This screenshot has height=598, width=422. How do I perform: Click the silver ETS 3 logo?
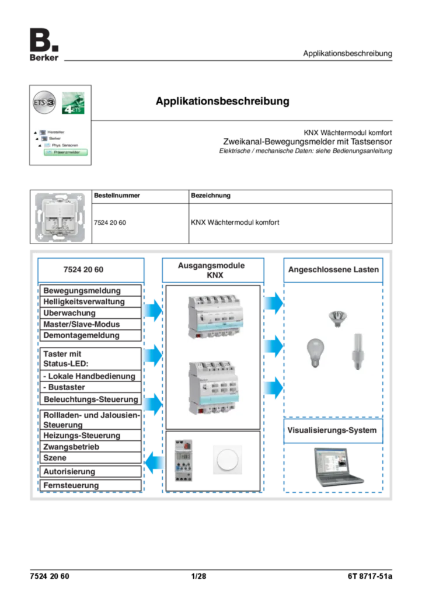pos(44,103)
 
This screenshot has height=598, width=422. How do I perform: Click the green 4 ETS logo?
pos(75,103)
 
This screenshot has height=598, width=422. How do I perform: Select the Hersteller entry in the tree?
pos(56,133)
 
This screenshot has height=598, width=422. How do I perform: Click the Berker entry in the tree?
pos(55,138)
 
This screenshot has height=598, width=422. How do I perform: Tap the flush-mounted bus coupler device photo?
pos(61,217)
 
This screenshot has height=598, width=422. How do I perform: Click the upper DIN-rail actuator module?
pos(217,319)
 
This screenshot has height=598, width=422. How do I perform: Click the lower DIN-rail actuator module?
pos(217,387)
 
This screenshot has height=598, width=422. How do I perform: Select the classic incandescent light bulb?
pos(315,352)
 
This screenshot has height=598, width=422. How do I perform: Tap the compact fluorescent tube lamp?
pos(355,353)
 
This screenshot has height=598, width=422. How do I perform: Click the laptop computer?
pos(336,466)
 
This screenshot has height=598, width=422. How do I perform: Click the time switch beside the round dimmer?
pos(184,460)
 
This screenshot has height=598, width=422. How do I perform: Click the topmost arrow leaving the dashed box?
pos(152,310)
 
